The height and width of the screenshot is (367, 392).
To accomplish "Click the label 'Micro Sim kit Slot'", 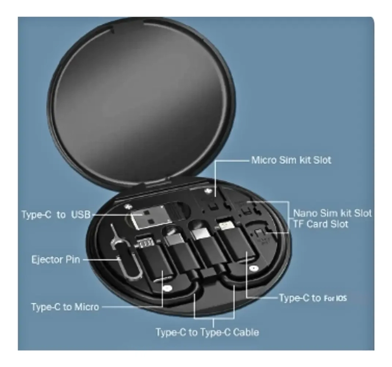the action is click(x=291, y=160).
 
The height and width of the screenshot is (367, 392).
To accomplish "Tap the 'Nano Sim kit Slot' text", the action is click(x=332, y=213).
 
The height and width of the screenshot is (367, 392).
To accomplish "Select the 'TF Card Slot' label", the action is click(x=320, y=224).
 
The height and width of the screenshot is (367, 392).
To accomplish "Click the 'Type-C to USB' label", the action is click(x=56, y=215).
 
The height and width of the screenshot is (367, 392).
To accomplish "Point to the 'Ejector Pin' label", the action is click(x=56, y=260).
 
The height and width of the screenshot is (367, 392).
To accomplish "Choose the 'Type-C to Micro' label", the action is click(x=65, y=307).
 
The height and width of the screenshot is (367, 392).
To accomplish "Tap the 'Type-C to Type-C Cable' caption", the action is click(x=207, y=333).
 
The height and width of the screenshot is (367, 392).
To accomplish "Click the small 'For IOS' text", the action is click(x=335, y=298).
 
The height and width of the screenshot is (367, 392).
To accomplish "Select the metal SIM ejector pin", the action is click(x=125, y=253).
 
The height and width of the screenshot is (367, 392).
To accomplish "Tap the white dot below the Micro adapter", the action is click(x=167, y=288).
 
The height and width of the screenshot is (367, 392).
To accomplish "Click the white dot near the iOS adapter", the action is click(x=254, y=268).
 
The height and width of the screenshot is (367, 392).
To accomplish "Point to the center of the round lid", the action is click(x=141, y=100).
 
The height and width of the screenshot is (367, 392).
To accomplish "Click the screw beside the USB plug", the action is click(x=128, y=207).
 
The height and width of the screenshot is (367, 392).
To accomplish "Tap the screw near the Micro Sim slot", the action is click(x=207, y=191).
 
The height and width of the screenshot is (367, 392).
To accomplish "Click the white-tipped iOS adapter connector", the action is click(x=226, y=225).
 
